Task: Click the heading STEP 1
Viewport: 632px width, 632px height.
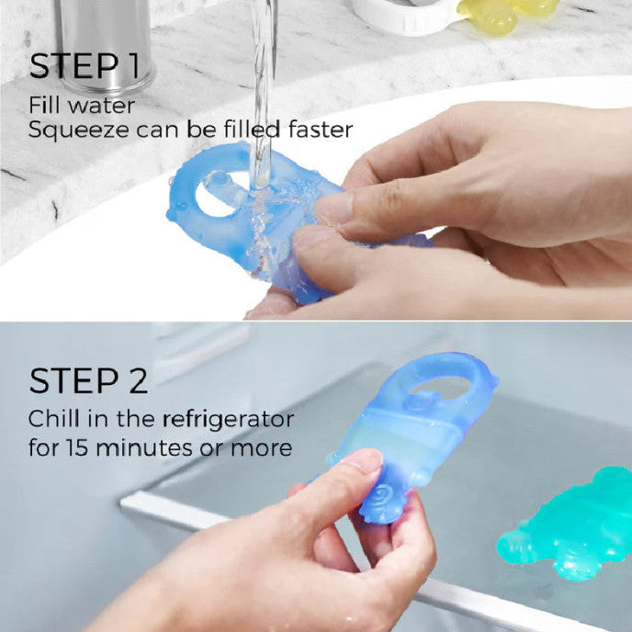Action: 85,66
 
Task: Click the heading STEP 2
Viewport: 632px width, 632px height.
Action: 88,380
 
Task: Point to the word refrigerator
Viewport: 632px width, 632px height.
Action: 228,421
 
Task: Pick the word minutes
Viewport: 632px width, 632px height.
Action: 145,447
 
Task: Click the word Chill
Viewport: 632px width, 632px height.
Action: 53,419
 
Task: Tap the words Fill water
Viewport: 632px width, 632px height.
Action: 82,106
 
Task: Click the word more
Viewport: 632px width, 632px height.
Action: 261,448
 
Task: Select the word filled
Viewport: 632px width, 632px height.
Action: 252,130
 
